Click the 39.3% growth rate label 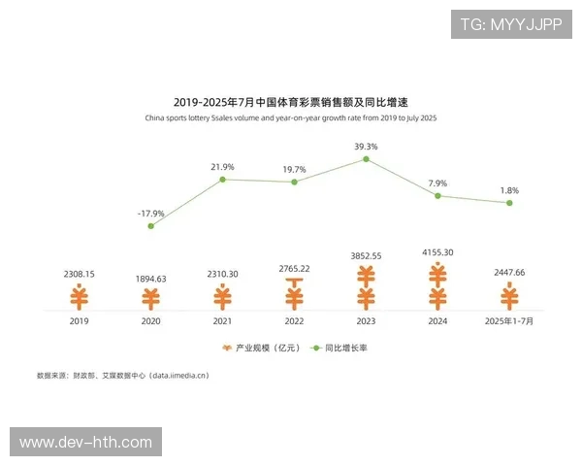click(x=366, y=147)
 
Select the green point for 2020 click(x=151, y=225)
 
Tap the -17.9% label click(x=151, y=213)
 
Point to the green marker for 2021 click(x=223, y=180)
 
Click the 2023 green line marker click(x=366, y=159)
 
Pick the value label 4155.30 click(x=437, y=252)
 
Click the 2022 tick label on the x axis click(x=295, y=320)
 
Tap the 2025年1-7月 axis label click(x=509, y=320)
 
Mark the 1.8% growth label click(x=509, y=190)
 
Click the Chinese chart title click(x=291, y=101)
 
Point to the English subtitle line click(x=291, y=117)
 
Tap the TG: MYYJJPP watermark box click(x=511, y=23)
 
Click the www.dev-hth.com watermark click(x=85, y=443)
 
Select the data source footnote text click(x=123, y=375)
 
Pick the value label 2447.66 click(x=509, y=274)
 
